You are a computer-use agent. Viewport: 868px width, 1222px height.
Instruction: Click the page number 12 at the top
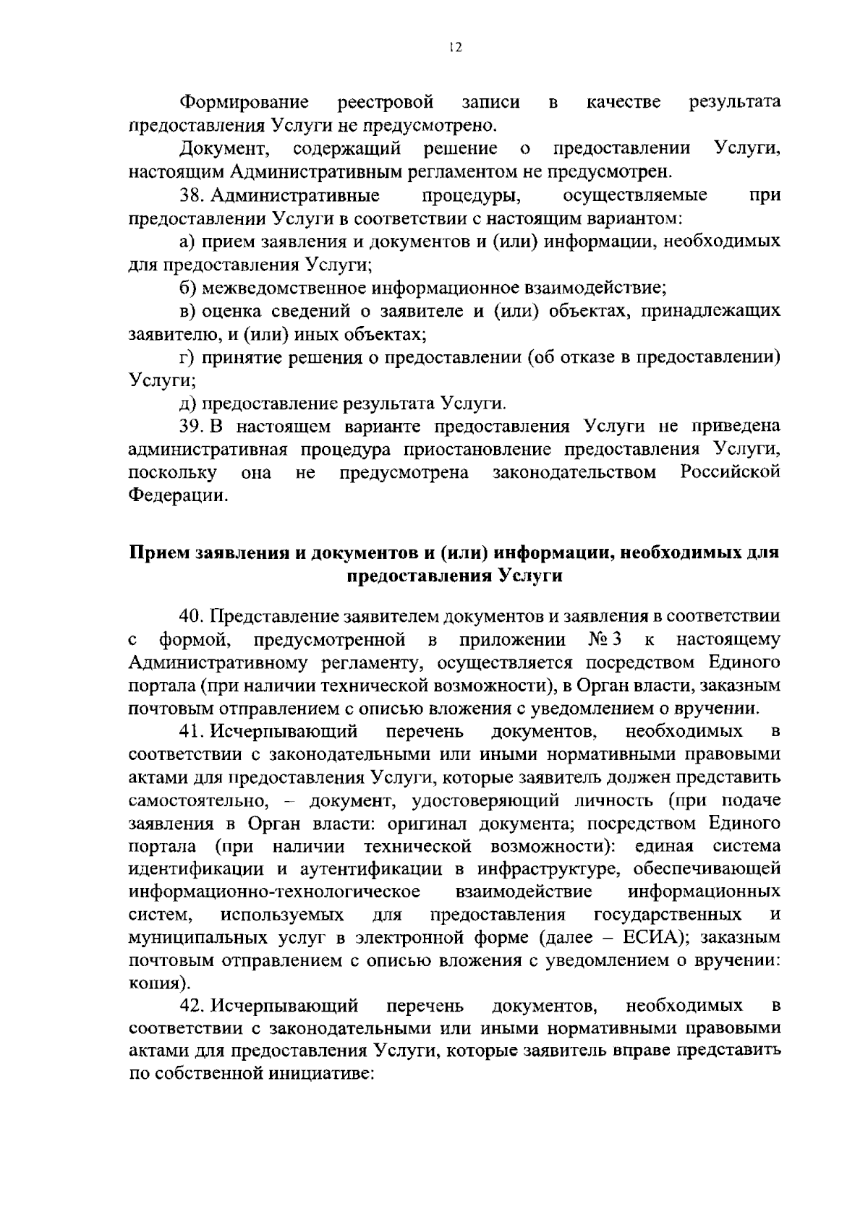[454, 48]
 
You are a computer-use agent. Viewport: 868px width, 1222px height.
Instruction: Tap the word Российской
[731, 472]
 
